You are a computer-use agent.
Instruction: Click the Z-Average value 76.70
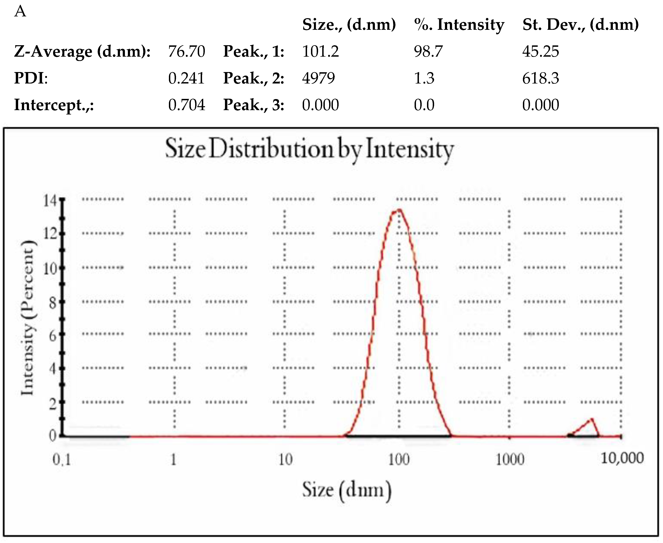coord(186,51)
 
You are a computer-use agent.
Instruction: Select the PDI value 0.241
coord(186,78)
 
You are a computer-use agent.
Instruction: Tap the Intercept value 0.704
coord(186,105)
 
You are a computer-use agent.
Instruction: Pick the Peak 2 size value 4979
coord(318,78)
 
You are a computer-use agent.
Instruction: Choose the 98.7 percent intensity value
coord(428,51)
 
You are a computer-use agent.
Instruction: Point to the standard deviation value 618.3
coord(540,78)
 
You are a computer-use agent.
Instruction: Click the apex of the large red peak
coord(399,210)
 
